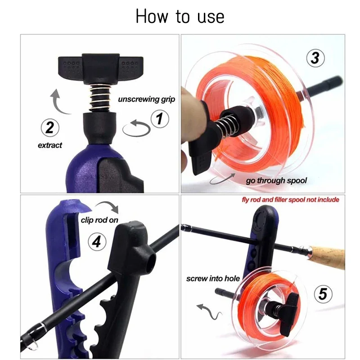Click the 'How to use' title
180,17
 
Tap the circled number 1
159,120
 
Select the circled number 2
50,127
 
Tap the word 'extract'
50,145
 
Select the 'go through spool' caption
276,180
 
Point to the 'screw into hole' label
213,279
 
